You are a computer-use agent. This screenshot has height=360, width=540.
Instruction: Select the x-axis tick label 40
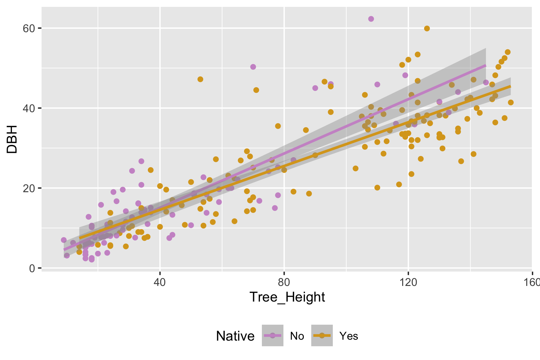[x=160, y=282]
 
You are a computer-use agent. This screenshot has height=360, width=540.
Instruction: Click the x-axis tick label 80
[x=284, y=282]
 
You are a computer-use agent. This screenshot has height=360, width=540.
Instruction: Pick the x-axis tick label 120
[x=408, y=282]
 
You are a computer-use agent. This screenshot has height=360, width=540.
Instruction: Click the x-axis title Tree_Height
[x=287, y=297]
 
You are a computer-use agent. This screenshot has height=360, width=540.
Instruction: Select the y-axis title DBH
[x=12, y=139]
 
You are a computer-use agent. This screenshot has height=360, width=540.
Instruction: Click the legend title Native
[x=235, y=336]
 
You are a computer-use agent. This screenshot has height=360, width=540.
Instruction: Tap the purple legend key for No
[x=272, y=336]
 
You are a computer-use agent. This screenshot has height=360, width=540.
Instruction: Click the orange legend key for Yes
[x=322, y=336]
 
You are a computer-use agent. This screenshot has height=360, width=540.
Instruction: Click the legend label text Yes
[x=349, y=336]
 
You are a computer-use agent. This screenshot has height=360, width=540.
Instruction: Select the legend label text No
[x=297, y=336]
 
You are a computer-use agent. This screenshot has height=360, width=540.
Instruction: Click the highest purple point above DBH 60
[x=371, y=19]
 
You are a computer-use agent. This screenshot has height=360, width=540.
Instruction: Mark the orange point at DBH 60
[x=427, y=28]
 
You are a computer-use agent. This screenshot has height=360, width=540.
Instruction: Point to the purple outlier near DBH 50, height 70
[x=253, y=67]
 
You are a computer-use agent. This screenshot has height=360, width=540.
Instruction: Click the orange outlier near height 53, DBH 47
[x=200, y=79]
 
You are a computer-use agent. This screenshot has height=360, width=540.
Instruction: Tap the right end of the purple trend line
[x=486, y=65]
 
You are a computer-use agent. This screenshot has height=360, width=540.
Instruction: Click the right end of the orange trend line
[x=510, y=86]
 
